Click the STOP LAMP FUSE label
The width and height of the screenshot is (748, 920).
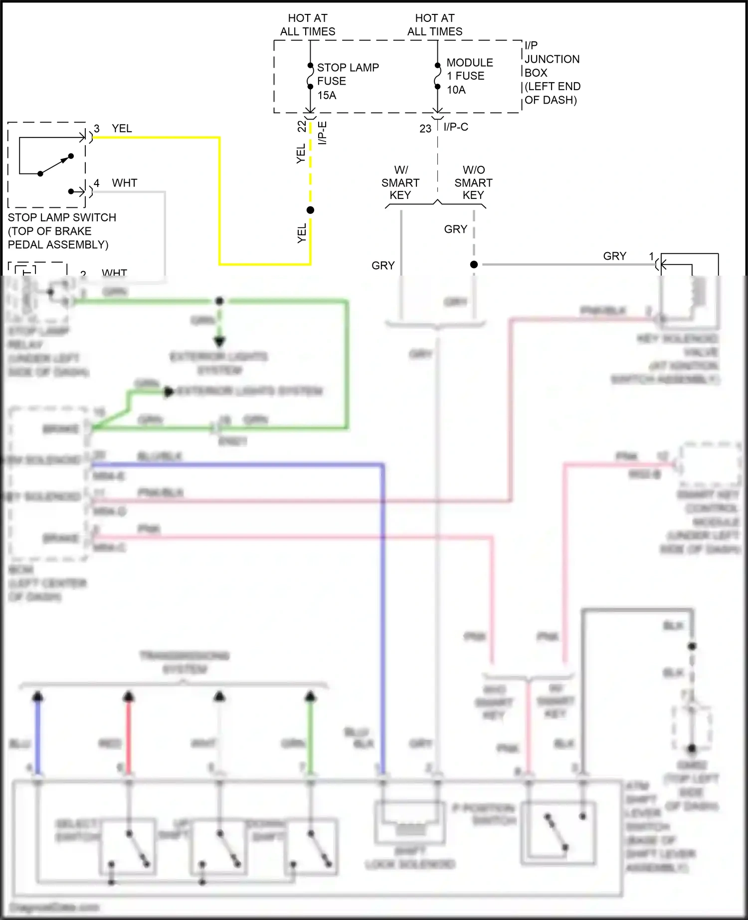(x=348, y=81)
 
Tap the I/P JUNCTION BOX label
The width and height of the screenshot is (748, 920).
(x=552, y=73)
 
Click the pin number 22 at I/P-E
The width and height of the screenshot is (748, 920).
(x=302, y=127)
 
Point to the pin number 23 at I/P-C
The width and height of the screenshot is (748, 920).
(x=425, y=129)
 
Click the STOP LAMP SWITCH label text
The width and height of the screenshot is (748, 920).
(x=62, y=231)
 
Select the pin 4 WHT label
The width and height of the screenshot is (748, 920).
(x=116, y=183)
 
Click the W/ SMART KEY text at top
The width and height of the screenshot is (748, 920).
(x=400, y=182)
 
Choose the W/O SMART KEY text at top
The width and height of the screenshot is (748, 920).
(x=473, y=182)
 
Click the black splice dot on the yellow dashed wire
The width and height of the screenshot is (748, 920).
(x=310, y=210)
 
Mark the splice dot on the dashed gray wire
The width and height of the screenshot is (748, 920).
(x=474, y=264)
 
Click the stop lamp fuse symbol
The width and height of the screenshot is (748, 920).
(x=310, y=76)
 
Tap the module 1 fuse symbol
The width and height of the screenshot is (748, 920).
(x=437, y=76)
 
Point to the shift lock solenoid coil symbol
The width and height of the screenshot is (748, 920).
(x=410, y=828)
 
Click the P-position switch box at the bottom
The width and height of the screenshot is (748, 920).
(x=558, y=832)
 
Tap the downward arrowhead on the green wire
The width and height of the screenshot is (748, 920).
(x=219, y=341)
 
